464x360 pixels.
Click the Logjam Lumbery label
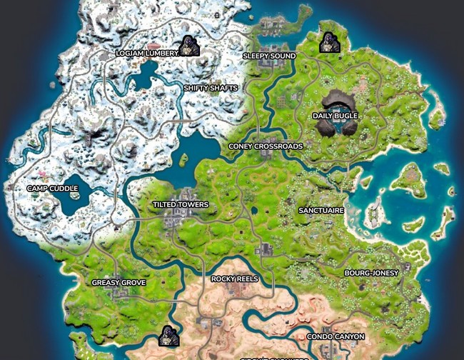pos(146,53)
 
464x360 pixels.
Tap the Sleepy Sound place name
pos(269,55)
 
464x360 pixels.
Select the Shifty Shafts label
pos(210,88)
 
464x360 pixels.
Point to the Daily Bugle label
pos(336,115)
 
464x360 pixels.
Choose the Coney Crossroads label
pos(266,146)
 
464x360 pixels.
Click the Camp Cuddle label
pos(52,189)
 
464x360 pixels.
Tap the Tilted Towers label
pos(181,205)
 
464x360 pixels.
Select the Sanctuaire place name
pos(321,211)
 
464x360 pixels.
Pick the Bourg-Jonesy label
pos(371,273)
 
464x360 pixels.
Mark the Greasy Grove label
pos(118,283)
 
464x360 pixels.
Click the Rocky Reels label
pos(235,279)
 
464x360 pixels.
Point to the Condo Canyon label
pos(336,336)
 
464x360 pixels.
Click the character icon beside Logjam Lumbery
pos(189,46)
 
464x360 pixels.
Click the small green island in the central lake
pos(183,158)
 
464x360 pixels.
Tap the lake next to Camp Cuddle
pos(79,200)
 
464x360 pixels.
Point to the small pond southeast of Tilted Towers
pos(255,211)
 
